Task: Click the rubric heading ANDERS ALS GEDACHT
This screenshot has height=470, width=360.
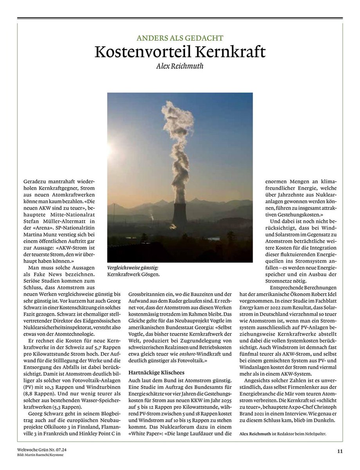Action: click(180, 38)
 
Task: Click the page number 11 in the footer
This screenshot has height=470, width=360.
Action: click(340, 451)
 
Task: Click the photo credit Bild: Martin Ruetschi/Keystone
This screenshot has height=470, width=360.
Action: click(40, 455)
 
